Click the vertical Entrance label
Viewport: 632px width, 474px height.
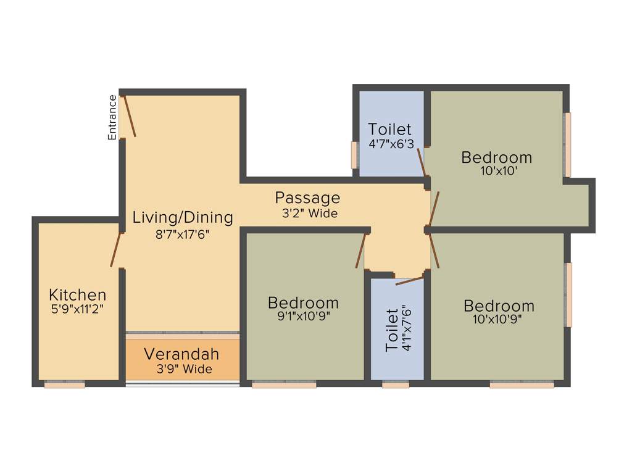click(112, 117)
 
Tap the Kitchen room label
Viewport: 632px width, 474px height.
click(77, 294)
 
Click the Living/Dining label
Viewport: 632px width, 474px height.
click(183, 217)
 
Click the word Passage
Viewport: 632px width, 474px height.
click(307, 198)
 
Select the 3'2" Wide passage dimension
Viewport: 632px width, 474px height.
click(307, 214)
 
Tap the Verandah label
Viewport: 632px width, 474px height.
click(181, 354)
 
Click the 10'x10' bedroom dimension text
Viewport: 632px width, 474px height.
click(497, 172)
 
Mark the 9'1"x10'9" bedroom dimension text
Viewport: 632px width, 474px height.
click(303, 317)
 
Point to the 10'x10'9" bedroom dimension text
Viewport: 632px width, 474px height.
click(499, 320)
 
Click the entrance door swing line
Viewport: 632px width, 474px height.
click(128, 115)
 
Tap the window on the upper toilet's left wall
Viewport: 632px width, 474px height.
click(354, 155)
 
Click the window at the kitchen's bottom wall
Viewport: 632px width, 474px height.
click(64, 385)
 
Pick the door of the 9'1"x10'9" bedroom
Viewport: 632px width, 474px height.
click(360, 251)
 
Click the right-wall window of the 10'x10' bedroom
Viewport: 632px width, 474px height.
click(567, 144)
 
